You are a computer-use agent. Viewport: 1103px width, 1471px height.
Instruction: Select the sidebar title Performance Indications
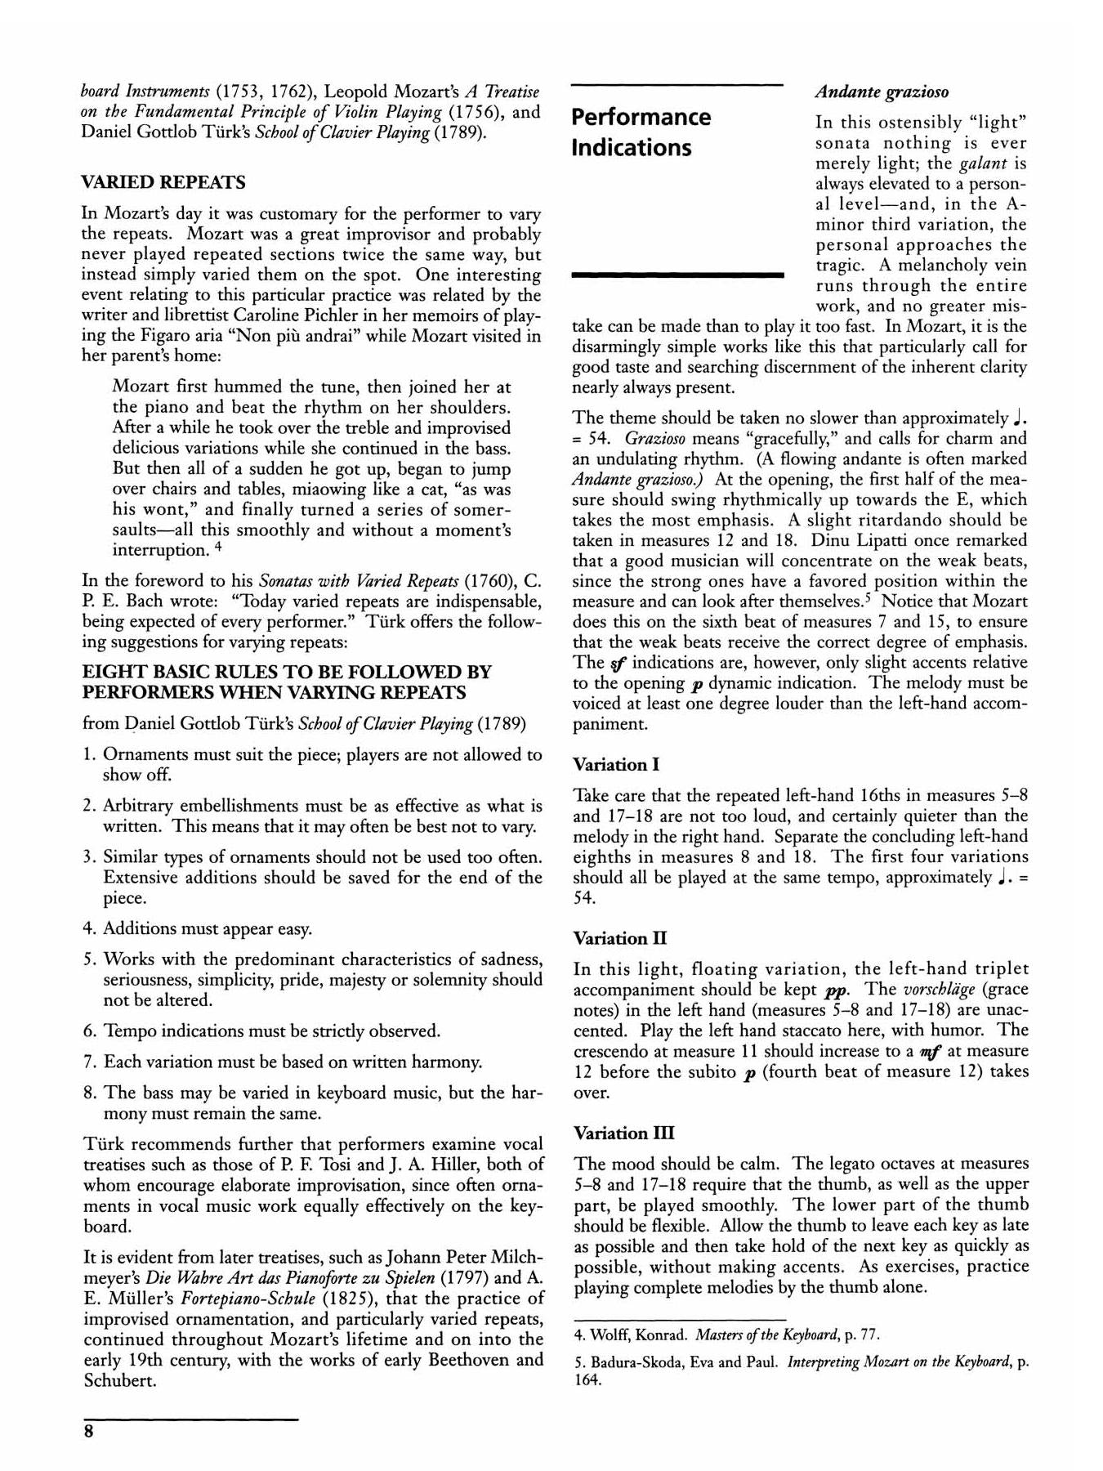pyautogui.click(x=641, y=132)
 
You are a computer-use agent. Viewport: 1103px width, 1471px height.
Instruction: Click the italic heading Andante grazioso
pyautogui.click(x=882, y=92)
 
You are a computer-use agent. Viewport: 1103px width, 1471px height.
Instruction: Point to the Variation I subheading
pyautogui.click(x=616, y=765)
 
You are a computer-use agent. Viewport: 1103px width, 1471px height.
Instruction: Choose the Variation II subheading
pyautogui.click(x=619, y=938)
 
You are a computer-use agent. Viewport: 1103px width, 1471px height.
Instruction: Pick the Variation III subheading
pyautogui.click(x=623, y=1133)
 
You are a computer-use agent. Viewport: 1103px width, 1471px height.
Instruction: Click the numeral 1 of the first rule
pyautogui.click(x=88, y=755)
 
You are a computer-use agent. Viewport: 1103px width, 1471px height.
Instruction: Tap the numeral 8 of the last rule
pyautogui.click(x=88, y=1093)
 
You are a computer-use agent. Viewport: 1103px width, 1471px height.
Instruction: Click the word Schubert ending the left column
pyautogui.click(x=119, y=1380)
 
